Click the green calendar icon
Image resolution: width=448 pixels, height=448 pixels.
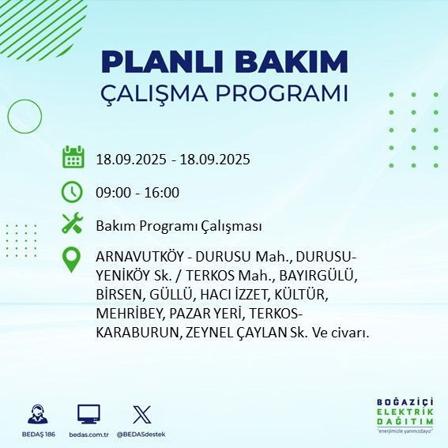pos(73,157)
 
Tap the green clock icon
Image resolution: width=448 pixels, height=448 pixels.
pos(73,191)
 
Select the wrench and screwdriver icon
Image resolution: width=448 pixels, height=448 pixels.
pos(73,224)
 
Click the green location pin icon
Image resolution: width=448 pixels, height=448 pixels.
pos(73,260)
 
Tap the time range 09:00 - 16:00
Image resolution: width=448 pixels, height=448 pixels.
pos(137,192)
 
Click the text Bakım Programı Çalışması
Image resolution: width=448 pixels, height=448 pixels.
pos(179,226)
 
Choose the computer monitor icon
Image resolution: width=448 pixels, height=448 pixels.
pos(88,414)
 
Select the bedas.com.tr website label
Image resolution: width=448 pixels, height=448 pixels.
pos(88,435)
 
